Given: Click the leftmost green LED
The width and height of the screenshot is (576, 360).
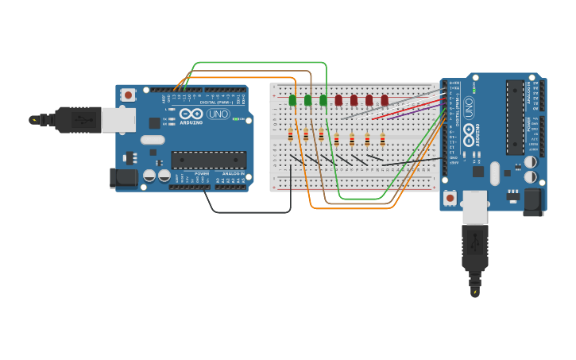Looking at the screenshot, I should tap(292, 100).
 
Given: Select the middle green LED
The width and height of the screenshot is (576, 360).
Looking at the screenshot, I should tap(307, 100).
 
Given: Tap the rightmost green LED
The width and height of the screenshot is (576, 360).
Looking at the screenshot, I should tap(323, 100).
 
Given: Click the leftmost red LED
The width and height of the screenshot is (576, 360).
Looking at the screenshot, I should tap(338, 100).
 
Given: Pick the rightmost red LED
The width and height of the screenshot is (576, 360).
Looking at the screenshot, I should tap(385, 100).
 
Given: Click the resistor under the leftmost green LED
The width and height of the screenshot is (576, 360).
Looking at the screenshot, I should tap(290, 136).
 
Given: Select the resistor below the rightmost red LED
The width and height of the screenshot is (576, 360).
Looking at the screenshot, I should tap(382, 140).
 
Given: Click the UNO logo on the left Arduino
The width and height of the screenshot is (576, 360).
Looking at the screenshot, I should tap(218, 114).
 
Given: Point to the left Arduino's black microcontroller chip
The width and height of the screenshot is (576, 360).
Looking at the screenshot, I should tap(208, 160).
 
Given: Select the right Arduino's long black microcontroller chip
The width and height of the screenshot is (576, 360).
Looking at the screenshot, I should tap(515, 117).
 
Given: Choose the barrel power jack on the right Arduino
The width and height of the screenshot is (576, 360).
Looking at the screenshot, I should tap(532, 202).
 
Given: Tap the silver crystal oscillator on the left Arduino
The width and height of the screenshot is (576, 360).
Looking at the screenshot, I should tap(153, 140).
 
